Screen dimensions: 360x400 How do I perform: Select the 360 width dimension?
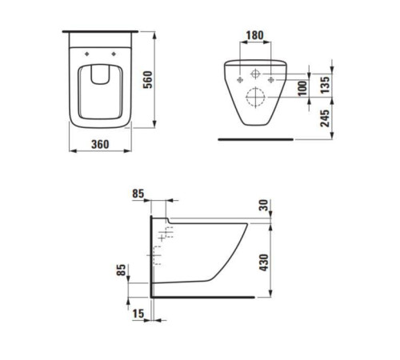point(100,145)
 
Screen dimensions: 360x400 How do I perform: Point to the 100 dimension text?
point(302,86)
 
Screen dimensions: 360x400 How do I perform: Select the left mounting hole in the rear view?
point(240,80)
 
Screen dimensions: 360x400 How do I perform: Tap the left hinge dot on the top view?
point(85,54)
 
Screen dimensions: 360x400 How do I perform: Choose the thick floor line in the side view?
point(200,298)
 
